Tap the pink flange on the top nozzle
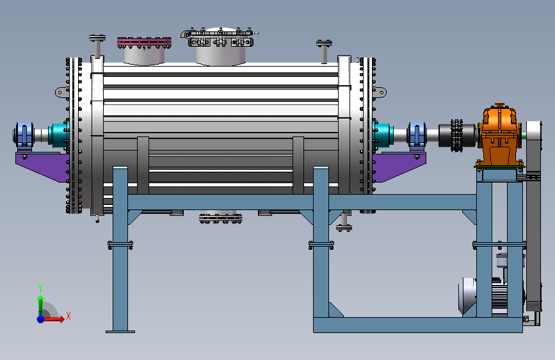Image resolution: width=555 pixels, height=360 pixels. [x=145, y=42]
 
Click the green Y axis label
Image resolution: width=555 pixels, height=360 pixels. [x=40, y=288]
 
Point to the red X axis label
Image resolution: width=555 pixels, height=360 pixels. [x=68, y=316]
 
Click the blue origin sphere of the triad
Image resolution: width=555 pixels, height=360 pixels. [x=41, y=318]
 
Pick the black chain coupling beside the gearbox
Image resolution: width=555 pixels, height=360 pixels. [x=456, y=135]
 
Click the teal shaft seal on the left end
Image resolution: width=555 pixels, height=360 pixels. [x=58, y=135]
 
